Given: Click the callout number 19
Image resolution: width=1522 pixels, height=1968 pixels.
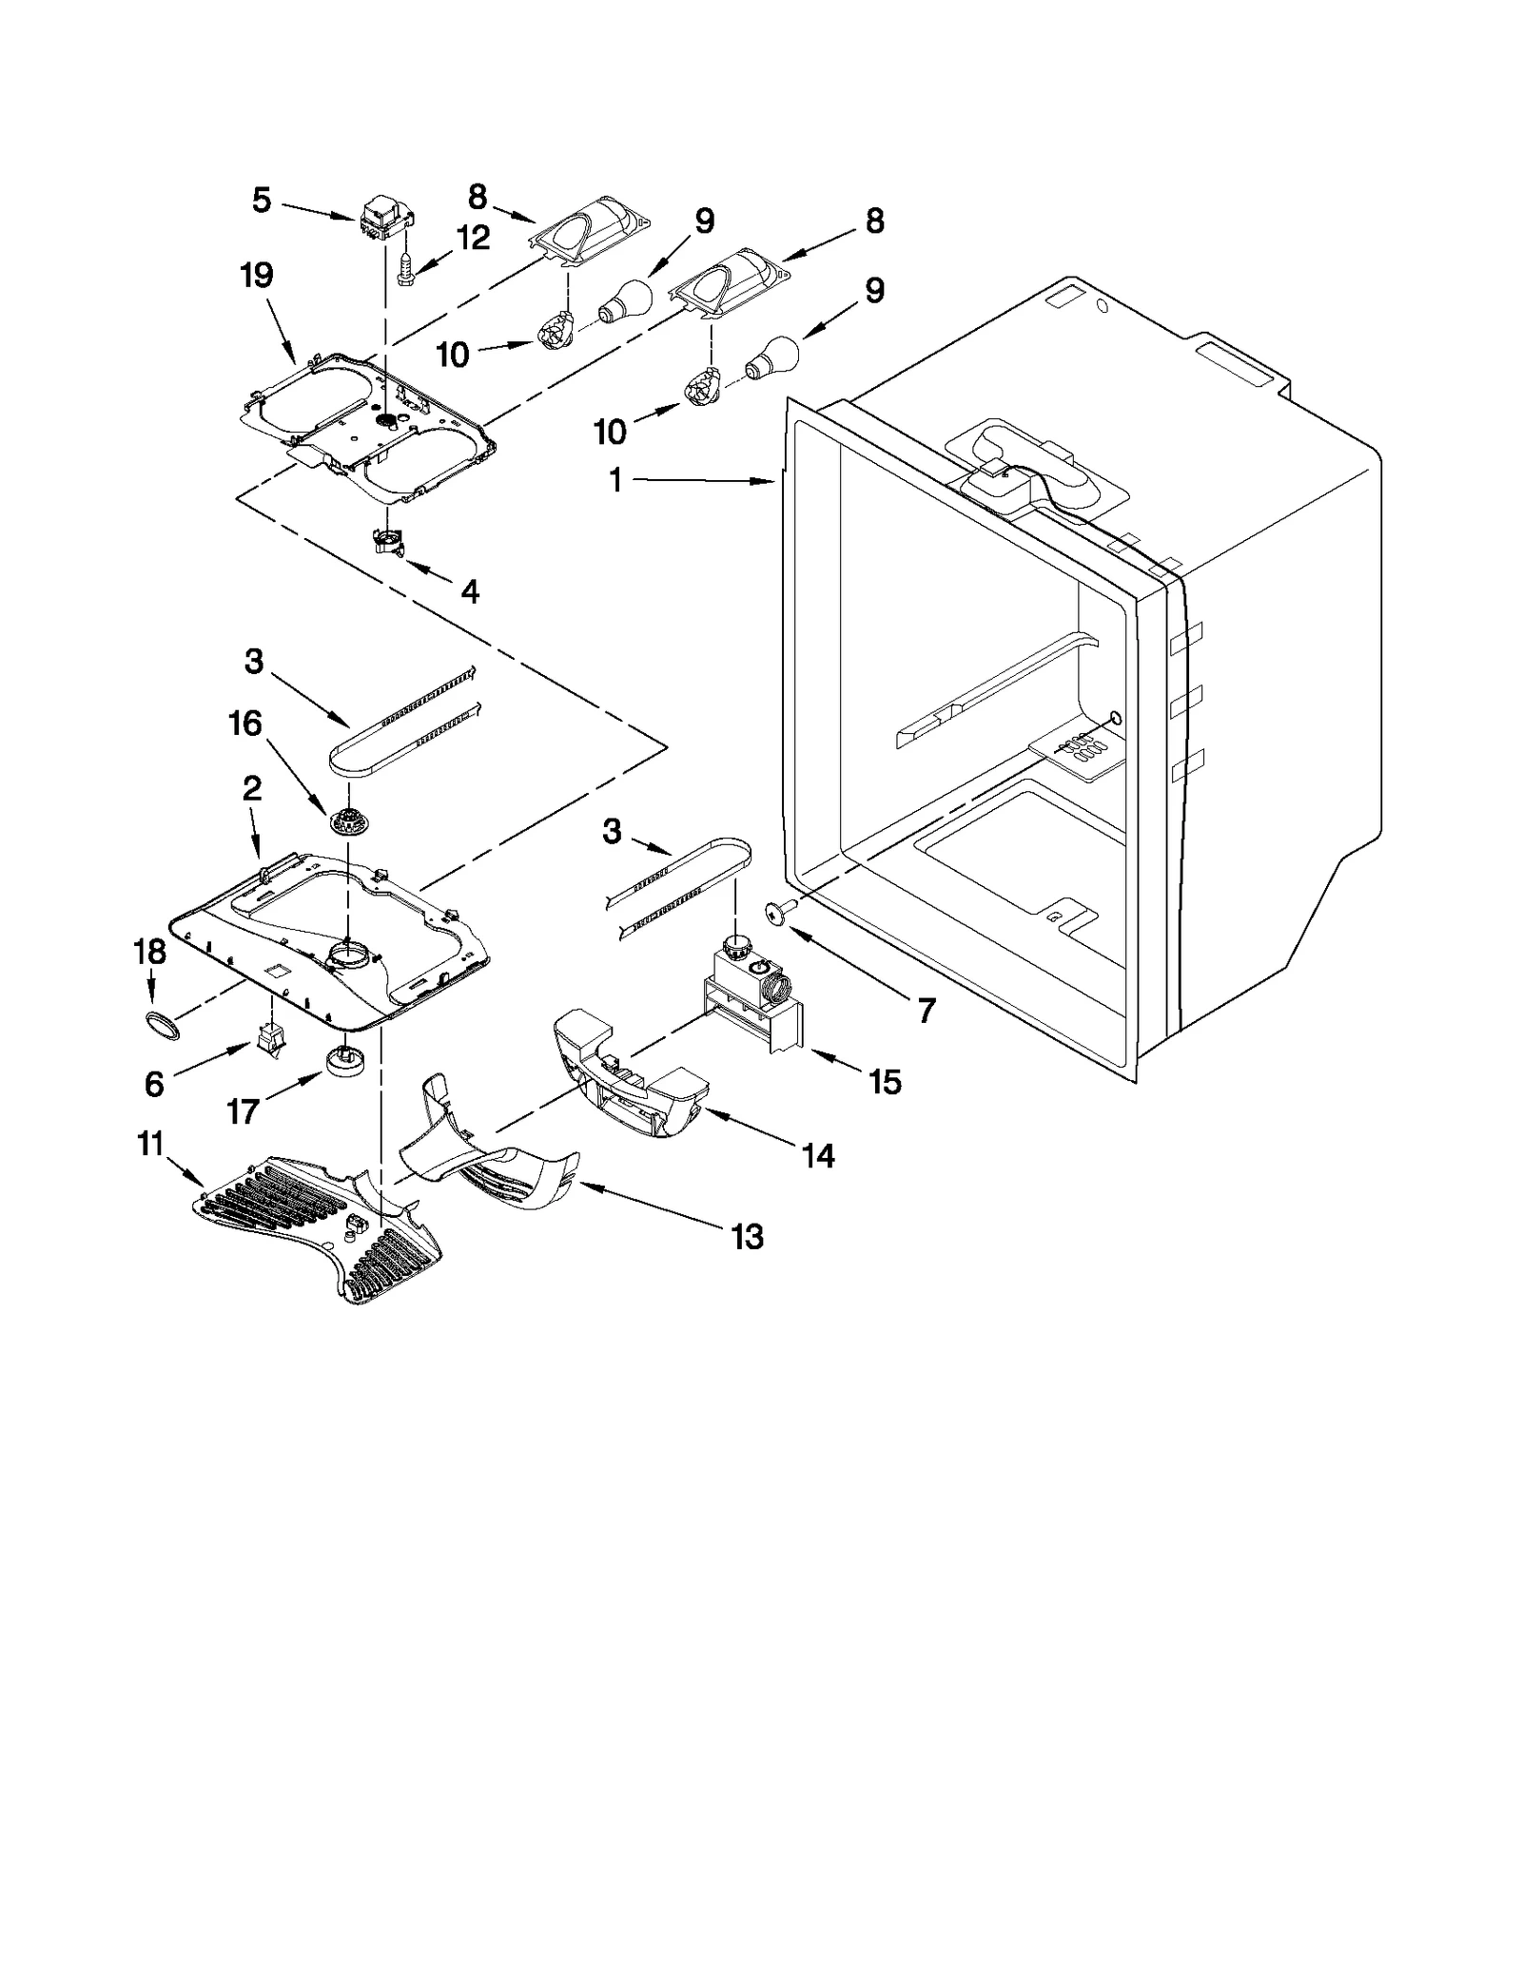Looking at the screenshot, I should point(257,276).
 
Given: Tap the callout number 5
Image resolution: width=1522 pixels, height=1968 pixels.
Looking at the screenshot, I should point(262,201).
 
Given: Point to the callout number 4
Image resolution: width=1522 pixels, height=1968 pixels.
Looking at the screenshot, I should point(469,592).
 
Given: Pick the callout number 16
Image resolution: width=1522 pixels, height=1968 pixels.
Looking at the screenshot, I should point(244,724).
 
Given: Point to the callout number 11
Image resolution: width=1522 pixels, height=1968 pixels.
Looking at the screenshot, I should point(150,1144).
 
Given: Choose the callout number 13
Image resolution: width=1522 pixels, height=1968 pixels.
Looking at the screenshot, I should point(748,1237).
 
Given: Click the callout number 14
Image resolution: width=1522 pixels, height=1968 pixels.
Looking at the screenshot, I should point(818,1156).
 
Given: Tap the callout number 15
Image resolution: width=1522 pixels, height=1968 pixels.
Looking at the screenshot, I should point(885,1082).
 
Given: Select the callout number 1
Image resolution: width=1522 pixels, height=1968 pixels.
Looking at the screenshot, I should point(615,481).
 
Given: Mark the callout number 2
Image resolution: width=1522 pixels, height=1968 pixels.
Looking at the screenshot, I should point(251,788).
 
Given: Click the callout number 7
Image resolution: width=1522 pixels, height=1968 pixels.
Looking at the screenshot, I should point(926,1010).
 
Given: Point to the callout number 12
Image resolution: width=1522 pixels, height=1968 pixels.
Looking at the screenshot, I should point(474,238).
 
